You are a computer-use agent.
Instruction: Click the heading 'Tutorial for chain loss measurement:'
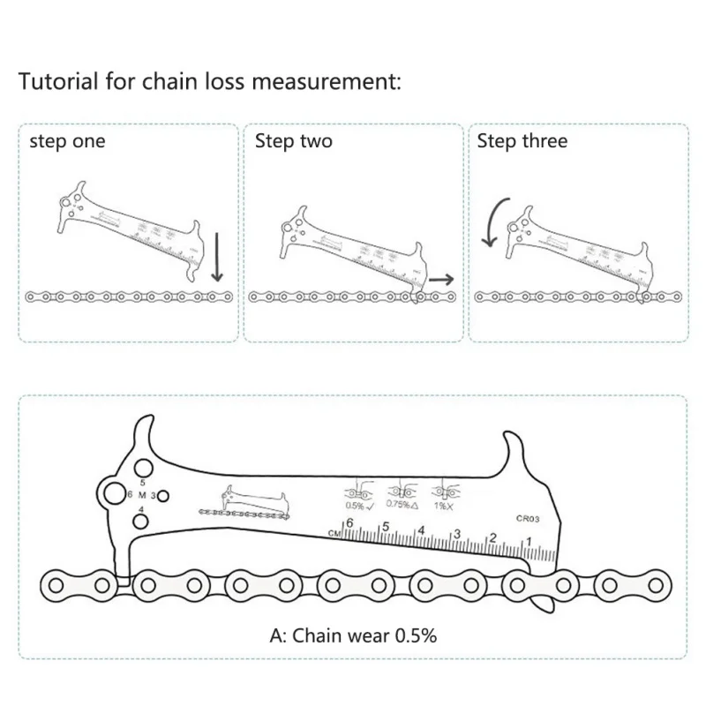point(210,82)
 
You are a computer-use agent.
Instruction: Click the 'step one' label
point(67,141)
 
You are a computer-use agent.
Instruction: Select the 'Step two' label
point(294,141)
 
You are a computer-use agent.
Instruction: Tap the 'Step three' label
point(522,141)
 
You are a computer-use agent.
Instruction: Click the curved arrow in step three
point(492,222)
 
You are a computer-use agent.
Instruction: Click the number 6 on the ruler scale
point(349,523)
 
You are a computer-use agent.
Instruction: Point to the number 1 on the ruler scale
point(529,541)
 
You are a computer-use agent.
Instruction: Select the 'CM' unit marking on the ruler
point(334,533)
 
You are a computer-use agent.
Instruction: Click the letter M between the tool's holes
point(140,495)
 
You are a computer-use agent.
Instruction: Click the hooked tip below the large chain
point(545,605)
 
